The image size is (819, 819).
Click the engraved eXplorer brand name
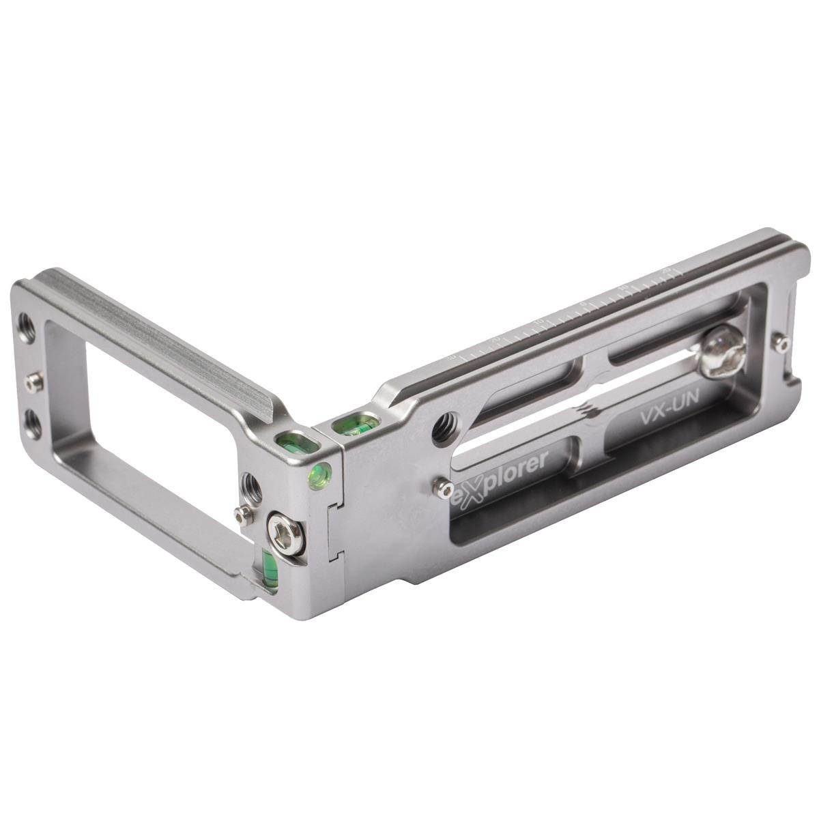tap(501, 474)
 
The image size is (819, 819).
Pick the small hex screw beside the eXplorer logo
tap(444, 486)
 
